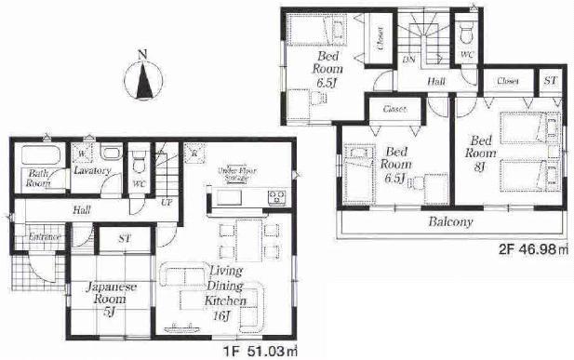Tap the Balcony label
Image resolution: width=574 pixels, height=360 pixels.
(450, 222)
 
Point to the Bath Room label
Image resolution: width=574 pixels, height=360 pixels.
(38, 179)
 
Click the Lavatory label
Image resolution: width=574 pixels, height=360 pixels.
(93, 170)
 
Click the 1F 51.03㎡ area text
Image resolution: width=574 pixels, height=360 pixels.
(263, 351)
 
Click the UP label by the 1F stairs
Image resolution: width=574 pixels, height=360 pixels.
(167, 201)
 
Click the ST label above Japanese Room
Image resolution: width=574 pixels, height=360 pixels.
(123, 239)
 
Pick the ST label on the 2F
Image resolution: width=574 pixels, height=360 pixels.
(550, 81)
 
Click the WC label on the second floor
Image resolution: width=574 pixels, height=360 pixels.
(467, 55)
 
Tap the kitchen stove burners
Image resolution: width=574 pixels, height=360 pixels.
(276, 196)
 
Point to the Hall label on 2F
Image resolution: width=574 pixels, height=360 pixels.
(436, 83)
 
